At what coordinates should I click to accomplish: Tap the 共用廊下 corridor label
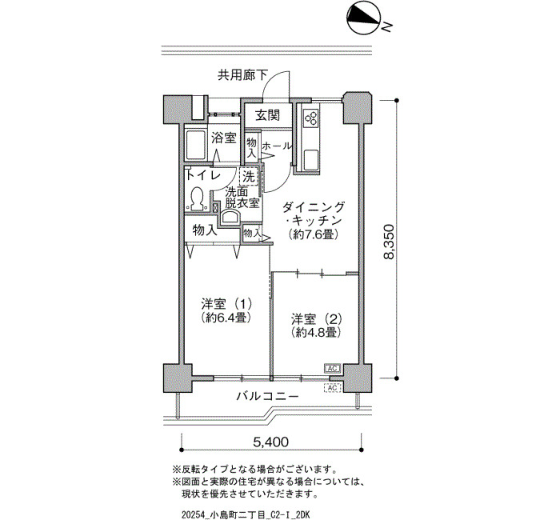[x=243, y=75]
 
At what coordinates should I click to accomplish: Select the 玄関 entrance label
[x=267, y=115]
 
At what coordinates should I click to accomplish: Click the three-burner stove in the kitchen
[x=310, y=118]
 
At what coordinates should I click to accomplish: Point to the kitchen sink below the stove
[x=311, y=160]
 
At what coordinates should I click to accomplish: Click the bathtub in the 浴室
[x=195, y=146]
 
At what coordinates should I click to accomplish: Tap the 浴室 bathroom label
[x=223, y=138]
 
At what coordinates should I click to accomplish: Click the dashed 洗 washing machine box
[x=249, y=177]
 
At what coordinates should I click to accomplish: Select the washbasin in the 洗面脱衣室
[x=230, y=217]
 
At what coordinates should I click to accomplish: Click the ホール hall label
[x=276, y=146]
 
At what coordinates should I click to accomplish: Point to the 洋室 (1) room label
[x=226, y=304]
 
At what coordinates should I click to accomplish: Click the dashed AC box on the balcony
[x=332, y=387]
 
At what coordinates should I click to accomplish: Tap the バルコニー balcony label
[x=267, y=397]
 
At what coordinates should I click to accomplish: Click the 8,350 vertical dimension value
[x=389, y=242]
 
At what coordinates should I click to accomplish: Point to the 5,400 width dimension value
[x=270, y=442]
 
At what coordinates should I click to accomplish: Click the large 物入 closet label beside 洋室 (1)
[x=205, y=230]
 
